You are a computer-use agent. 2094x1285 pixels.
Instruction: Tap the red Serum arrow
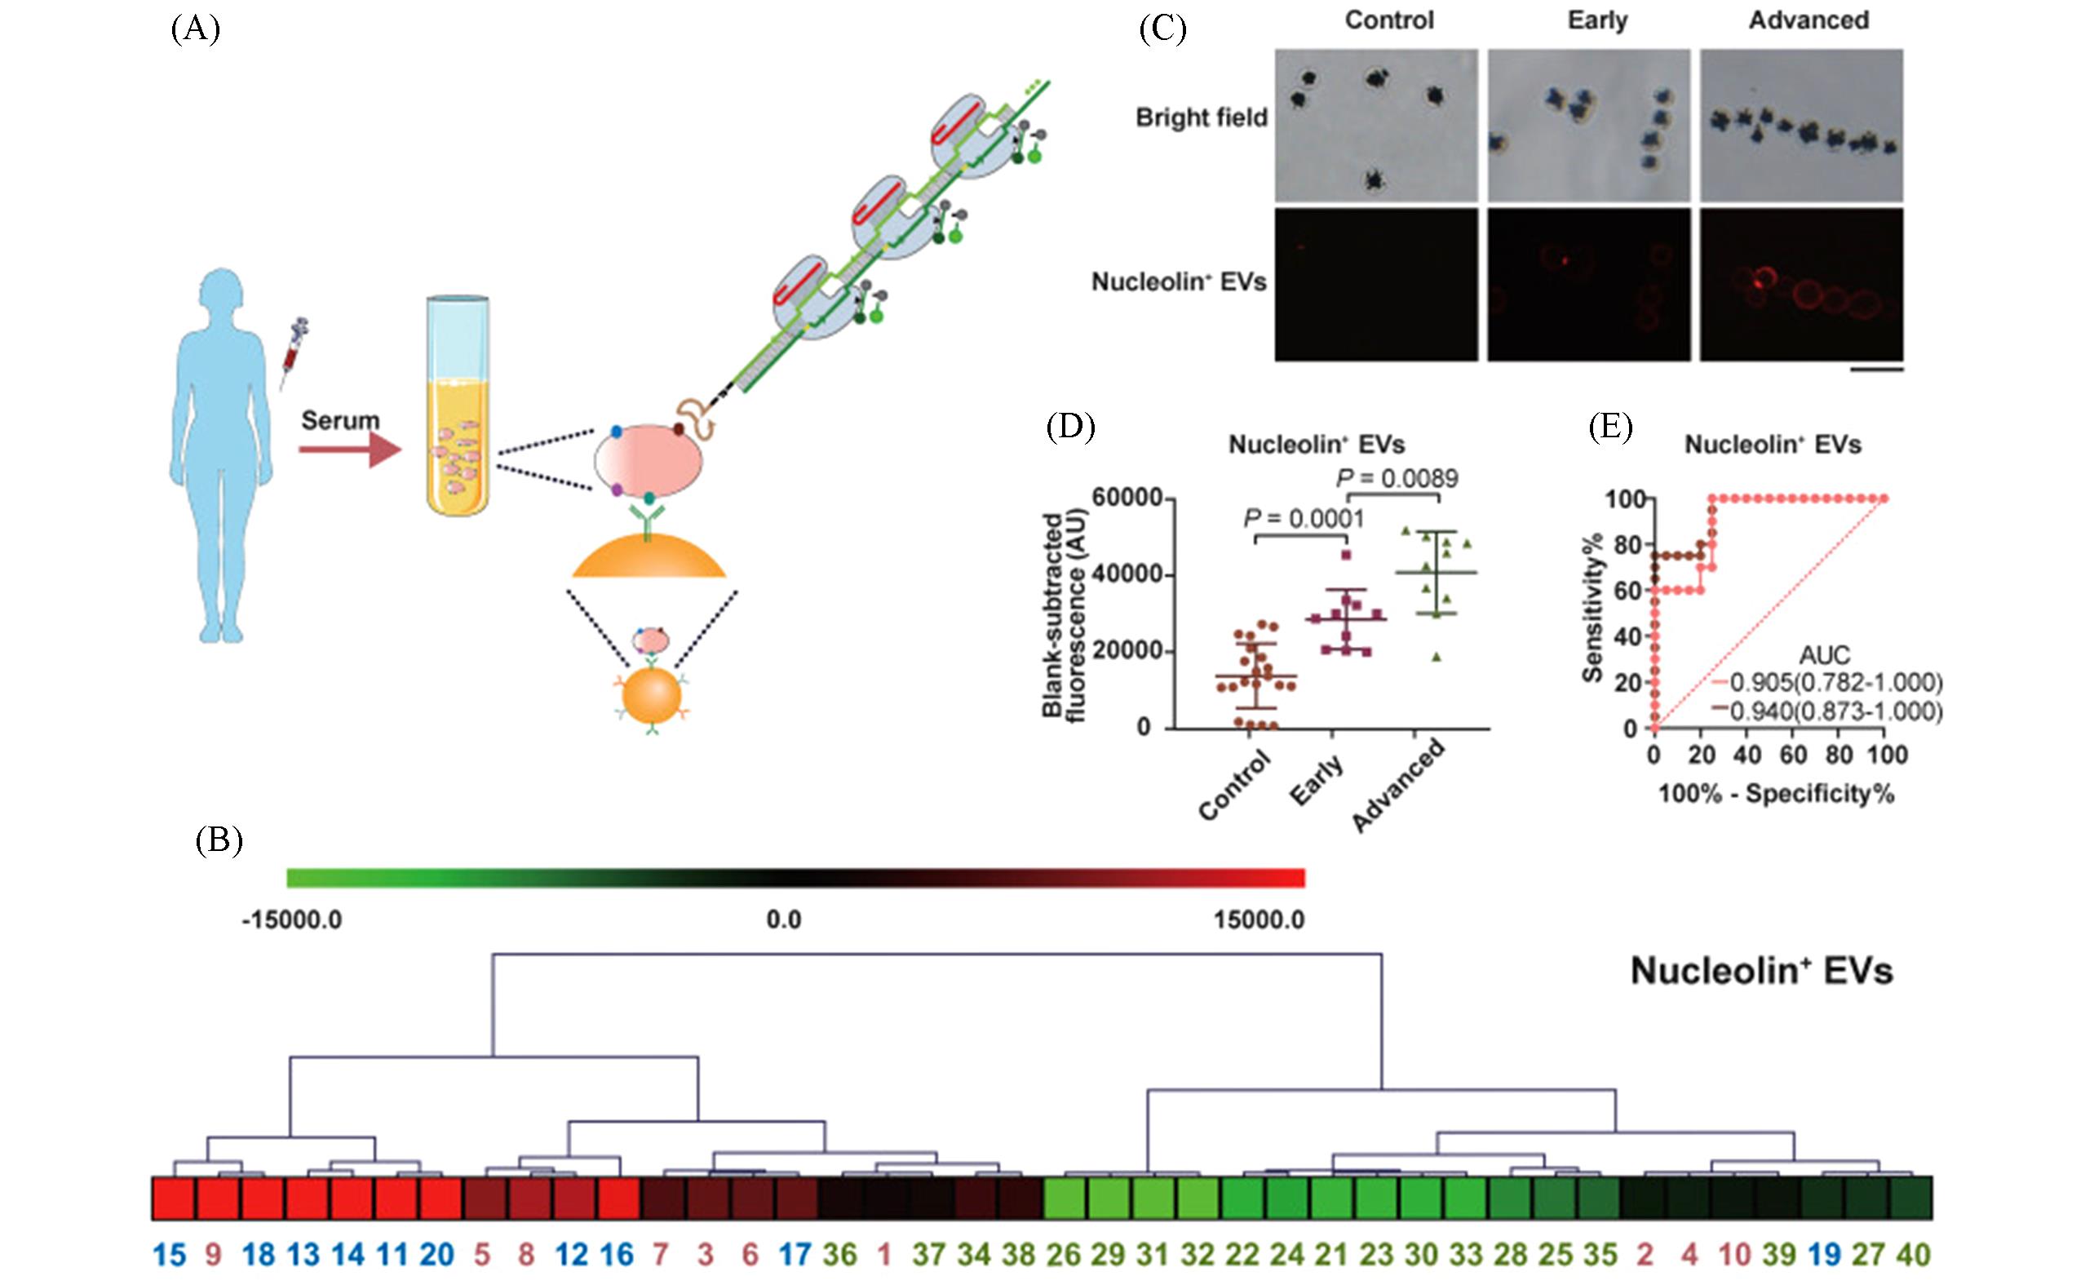pos(349,449)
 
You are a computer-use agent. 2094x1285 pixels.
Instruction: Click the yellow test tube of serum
pos(459,408)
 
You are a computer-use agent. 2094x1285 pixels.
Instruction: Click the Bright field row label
pos(1201,117)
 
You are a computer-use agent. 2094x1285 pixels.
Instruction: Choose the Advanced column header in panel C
pos(1808,20)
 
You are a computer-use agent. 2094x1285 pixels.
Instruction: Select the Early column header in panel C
pos(1597,20)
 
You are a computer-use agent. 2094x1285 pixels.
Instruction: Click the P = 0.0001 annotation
pos(1303,518)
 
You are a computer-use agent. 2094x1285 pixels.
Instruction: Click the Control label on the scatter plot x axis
pos(1234,787)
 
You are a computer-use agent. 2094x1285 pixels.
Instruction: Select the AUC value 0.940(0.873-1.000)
pos(1835,711)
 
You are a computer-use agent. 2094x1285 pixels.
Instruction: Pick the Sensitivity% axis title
pos(1592,608)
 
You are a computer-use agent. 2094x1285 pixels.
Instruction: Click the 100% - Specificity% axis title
pos(1776,794)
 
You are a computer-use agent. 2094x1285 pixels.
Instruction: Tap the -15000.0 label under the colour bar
pos(291,919)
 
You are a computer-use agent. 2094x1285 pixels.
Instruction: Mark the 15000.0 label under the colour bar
pos(1259,919)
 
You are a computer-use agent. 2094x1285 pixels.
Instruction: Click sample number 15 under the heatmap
pos(170,1255)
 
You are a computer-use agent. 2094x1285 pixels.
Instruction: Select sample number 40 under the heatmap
pos(1912,1255)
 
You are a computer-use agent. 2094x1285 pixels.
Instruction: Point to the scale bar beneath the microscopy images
pos(1876,370)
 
